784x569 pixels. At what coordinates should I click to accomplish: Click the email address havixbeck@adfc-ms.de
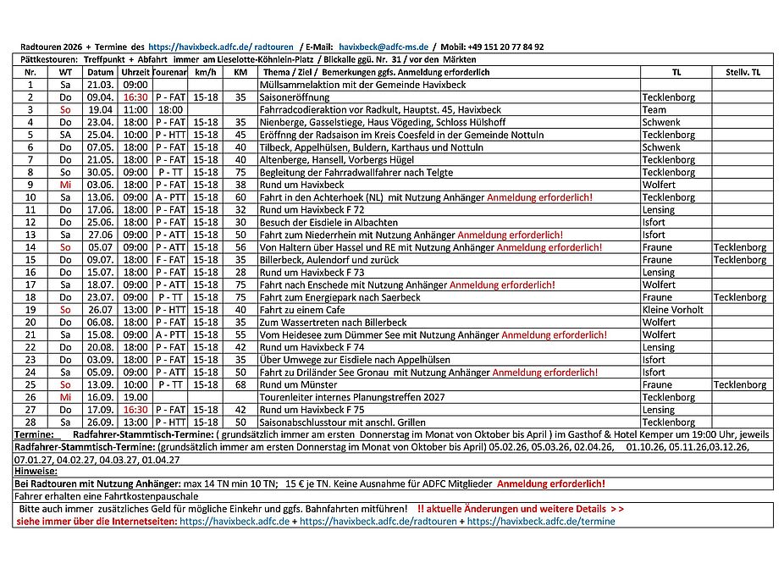pos(383,47)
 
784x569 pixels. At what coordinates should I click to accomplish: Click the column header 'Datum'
pos(100,73)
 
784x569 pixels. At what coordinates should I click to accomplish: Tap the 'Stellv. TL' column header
pos(743,73)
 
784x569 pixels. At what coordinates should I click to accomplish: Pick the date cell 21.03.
pos(100,86)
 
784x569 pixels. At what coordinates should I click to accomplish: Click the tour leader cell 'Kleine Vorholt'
pos(672,310)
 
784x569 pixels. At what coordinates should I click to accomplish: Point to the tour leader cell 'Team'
pos(654,110)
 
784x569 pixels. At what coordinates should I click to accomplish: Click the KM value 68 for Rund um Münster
pos(240,384)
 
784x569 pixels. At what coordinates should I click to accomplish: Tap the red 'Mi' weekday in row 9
pos(65,185)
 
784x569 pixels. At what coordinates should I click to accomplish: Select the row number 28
pos(30,422)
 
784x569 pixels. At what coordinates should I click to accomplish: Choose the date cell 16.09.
pos(100,397)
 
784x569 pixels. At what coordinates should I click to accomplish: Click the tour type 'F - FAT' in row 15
pos(170,260)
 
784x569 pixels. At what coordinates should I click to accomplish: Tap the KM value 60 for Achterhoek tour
pos(240,197)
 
